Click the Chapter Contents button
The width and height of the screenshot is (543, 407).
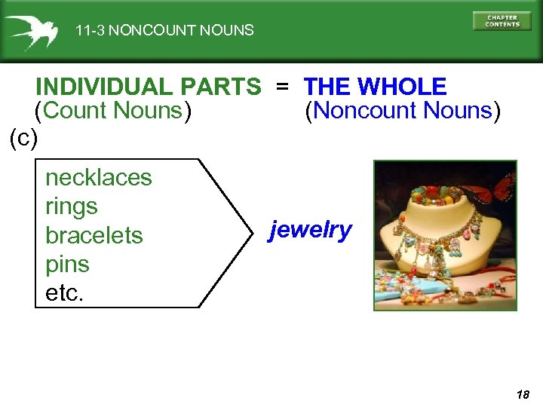502,21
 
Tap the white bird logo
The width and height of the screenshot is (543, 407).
31,31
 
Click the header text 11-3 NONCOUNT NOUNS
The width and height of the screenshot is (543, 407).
164,31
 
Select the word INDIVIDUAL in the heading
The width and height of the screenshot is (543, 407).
105,87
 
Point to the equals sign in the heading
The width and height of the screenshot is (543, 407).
281,87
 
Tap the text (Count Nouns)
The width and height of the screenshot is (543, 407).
113,111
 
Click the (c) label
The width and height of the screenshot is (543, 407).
23,138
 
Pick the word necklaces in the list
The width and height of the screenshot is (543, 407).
98,178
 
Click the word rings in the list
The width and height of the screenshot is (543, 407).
72,207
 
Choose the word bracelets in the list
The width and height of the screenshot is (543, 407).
94,235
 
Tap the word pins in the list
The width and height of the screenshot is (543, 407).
67,265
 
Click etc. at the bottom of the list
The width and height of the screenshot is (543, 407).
65,293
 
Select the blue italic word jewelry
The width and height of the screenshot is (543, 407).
311,230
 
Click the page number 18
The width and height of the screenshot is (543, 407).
523,393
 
